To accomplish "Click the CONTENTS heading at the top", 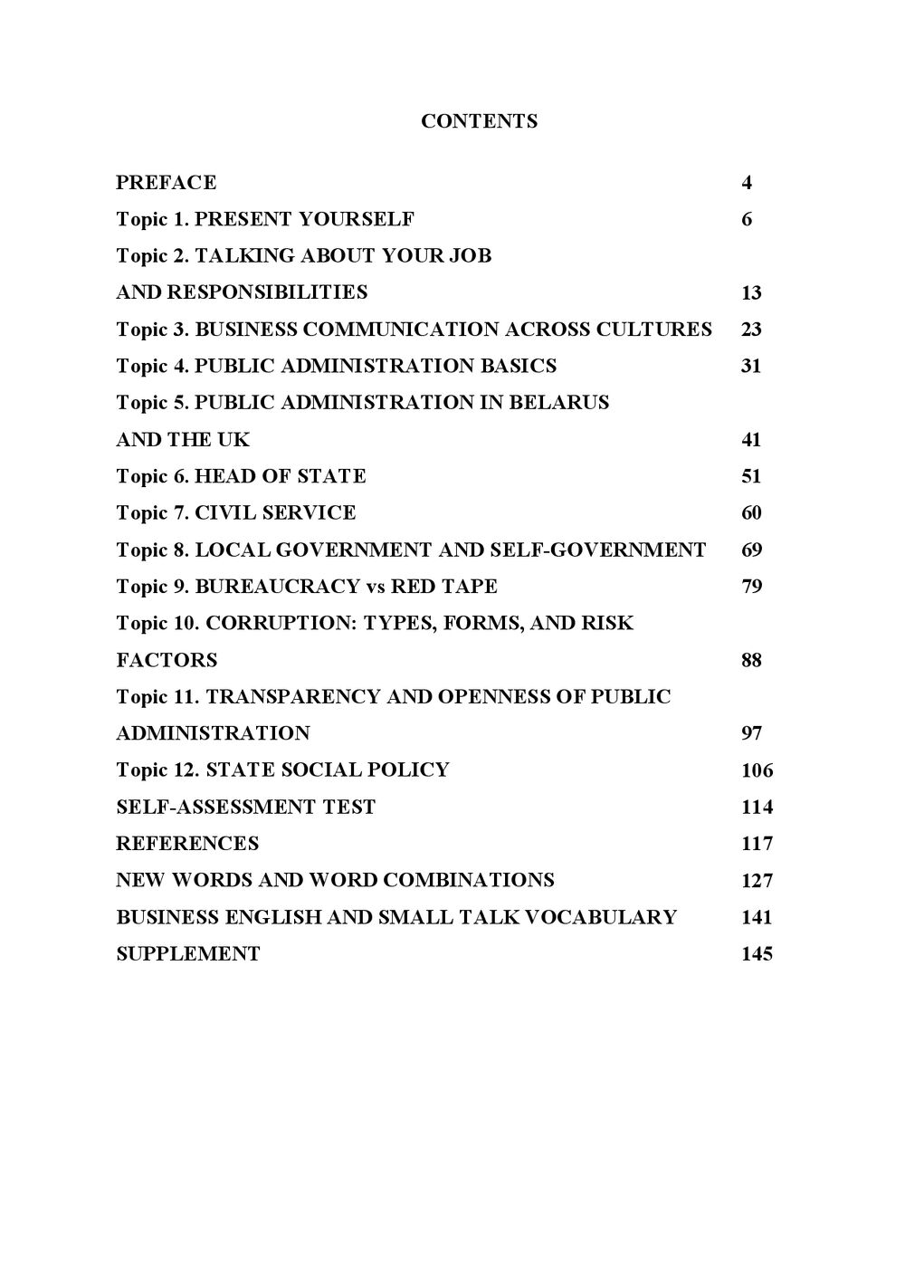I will coord(479,121).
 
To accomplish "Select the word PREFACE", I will coord(167,183).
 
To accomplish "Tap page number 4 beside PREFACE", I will coord(747,183).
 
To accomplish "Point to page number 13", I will coord(751,293).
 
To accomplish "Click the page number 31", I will coord(751,367).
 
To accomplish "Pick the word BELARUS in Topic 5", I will coord(559,403).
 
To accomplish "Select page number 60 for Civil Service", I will coord(751,513).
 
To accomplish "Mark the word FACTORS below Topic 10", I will coord(167,661).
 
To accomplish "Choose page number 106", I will coord(757,771).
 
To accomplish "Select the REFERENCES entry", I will coord(187,844).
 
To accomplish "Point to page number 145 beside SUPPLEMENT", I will coord(757,954).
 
